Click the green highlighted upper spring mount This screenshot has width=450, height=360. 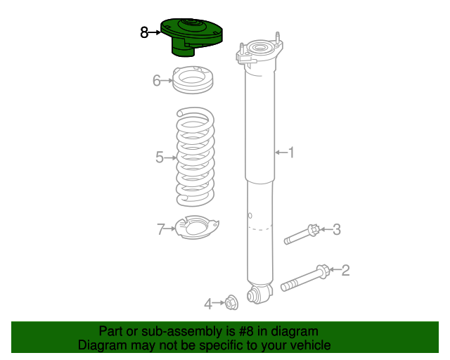coord(191,36)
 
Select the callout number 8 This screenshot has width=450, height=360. coord(144,32)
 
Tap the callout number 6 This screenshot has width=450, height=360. coord(157,81)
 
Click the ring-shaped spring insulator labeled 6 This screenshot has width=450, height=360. coord(193,79)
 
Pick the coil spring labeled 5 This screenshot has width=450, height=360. coord(195,155)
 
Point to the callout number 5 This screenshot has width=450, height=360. coord(160,157)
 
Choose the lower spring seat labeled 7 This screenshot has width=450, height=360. coord(196,228)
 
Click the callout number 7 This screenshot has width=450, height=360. coord(160,229)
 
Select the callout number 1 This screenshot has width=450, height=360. coord(290,152)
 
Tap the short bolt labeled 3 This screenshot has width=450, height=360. coord(302,235)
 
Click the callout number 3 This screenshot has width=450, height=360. coord(336,229)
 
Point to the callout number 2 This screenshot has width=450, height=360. coord(345,269)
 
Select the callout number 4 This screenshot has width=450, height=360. coord(208,304)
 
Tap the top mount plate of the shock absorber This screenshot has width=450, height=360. coord(261,52)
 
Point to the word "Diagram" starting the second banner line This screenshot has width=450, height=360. coord(102,345)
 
